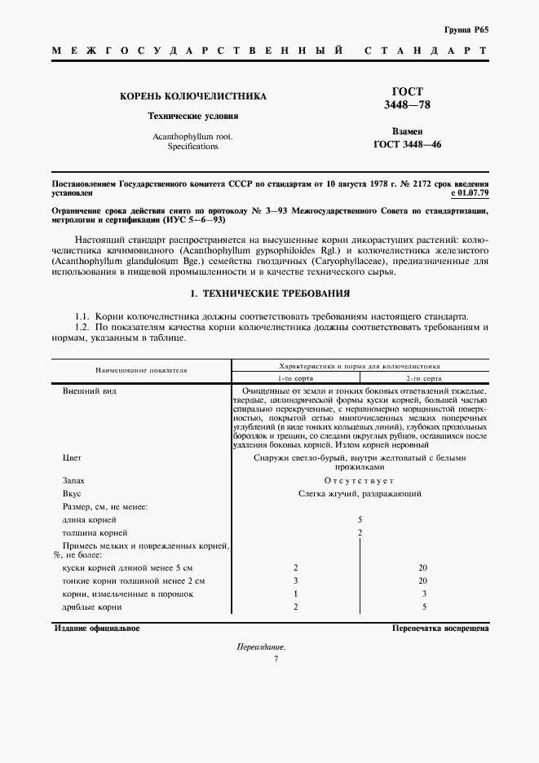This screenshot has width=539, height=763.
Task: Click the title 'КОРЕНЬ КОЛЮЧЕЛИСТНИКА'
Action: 192,96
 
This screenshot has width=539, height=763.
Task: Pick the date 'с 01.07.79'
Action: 469,193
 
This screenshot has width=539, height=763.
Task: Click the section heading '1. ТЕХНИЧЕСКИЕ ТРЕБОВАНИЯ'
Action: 269,292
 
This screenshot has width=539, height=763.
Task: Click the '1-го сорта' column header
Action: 295,379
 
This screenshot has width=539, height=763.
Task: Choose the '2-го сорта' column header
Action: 424,379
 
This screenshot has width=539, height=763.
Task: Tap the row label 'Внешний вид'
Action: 84,393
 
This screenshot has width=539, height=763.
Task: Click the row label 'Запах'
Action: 73,480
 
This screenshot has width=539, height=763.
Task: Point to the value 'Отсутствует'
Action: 360,480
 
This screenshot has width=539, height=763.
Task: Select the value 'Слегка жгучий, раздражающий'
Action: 360,494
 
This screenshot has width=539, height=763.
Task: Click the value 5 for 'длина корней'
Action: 360,519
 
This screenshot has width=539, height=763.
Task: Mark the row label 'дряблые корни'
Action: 92,607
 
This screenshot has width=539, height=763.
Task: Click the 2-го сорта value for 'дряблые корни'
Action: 424,607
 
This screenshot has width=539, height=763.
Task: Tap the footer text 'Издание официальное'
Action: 97,628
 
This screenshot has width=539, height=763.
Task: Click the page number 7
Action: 276,659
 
